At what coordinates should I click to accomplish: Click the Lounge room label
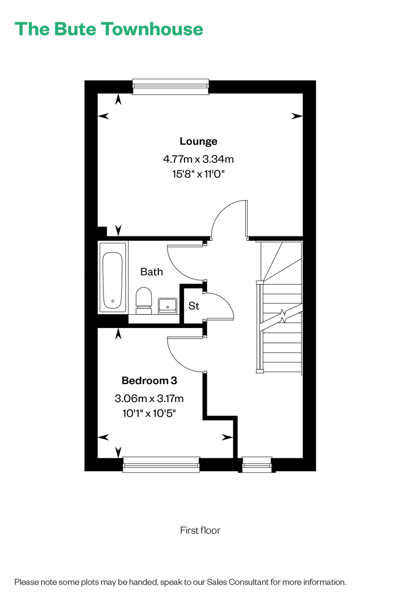pos(198,141)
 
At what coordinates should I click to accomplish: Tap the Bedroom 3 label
pos(149,381)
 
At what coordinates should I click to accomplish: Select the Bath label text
pos(151,272)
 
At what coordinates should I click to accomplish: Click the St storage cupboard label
pos(194,306)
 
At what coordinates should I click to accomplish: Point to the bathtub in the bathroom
pos(113,277)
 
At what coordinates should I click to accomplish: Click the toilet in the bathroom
pos(144,301)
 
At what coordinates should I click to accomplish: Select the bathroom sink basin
pos(167,306)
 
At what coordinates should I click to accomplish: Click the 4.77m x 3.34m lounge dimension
pos(198,159)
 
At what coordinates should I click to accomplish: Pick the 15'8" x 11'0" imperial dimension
pos(198,174)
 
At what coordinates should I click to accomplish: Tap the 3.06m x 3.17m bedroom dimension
pos(149,398)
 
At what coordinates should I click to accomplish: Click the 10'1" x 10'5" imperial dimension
pos(149,413)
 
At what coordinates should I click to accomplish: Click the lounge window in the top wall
pos(171,87)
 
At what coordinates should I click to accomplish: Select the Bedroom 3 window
pos(161,464)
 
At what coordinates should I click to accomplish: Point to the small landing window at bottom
pos(257,464)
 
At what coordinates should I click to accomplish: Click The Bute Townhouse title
pos(109,29)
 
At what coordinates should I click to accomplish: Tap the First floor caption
pos(200,530)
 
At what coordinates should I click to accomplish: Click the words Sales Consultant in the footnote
pos(237,582)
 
